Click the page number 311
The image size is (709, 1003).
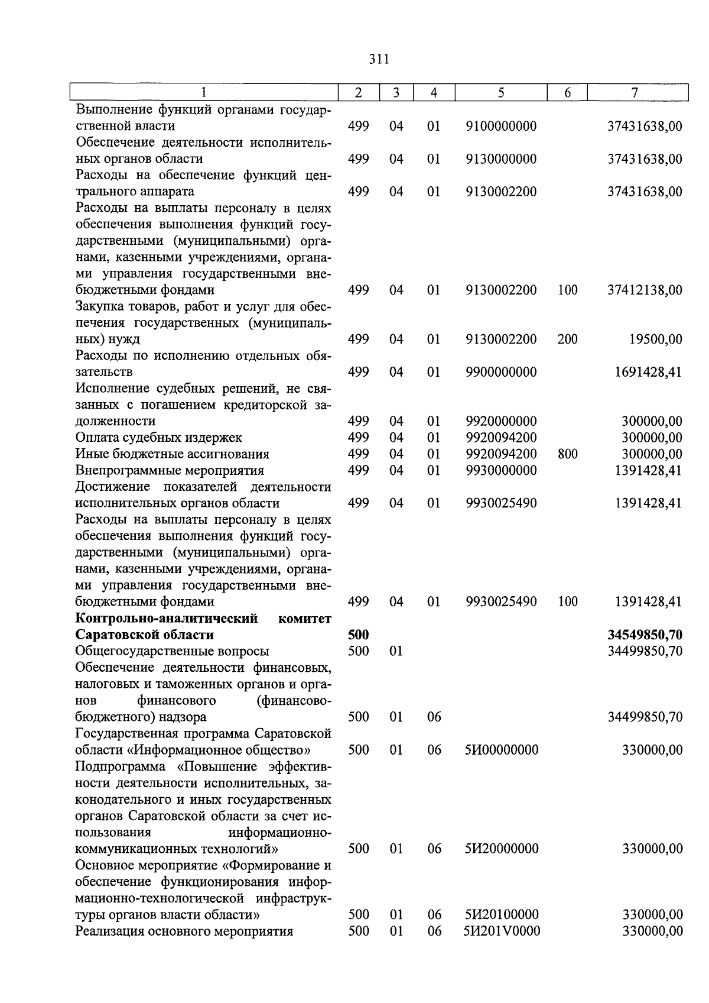378,59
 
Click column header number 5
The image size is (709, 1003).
500,93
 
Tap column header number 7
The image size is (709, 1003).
635,93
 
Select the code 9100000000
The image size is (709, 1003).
501,126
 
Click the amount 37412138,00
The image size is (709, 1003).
645,290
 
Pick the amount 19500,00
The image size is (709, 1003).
655,339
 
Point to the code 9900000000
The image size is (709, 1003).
501,372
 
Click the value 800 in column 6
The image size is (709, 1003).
567,454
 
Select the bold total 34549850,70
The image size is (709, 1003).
645,635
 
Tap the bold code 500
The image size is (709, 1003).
359,635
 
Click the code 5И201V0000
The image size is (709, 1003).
502,931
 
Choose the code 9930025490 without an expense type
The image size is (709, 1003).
501,503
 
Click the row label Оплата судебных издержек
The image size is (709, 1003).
159,438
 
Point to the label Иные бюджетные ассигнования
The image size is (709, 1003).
173,454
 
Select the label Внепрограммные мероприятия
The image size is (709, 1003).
170,471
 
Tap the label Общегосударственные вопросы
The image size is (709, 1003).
173,651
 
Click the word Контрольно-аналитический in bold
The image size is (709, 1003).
167,619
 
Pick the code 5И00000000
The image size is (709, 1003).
502,750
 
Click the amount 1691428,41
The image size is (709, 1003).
648,372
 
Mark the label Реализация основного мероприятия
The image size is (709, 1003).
184,931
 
